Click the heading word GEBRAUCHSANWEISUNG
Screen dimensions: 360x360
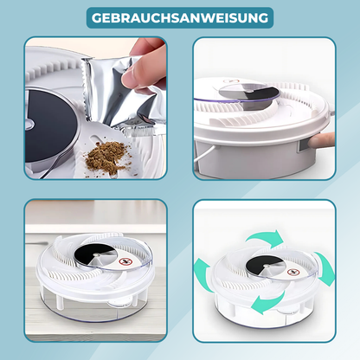pos(180,18)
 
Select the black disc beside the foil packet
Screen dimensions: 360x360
pos(50,127)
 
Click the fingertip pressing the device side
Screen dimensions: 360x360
pos(321,141)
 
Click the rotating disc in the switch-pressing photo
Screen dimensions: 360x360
pos(248,93)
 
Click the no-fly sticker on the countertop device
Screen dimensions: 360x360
pos(125,262)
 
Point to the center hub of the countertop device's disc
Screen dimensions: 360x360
pos(96,255)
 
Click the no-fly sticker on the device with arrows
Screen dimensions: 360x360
pos(292,272)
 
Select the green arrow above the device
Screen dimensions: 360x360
pos(265,237)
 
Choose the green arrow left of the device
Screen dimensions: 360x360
pos(203,275)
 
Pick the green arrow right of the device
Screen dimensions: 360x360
pos(325,268)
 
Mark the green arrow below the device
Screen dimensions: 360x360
pos(267,304)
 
